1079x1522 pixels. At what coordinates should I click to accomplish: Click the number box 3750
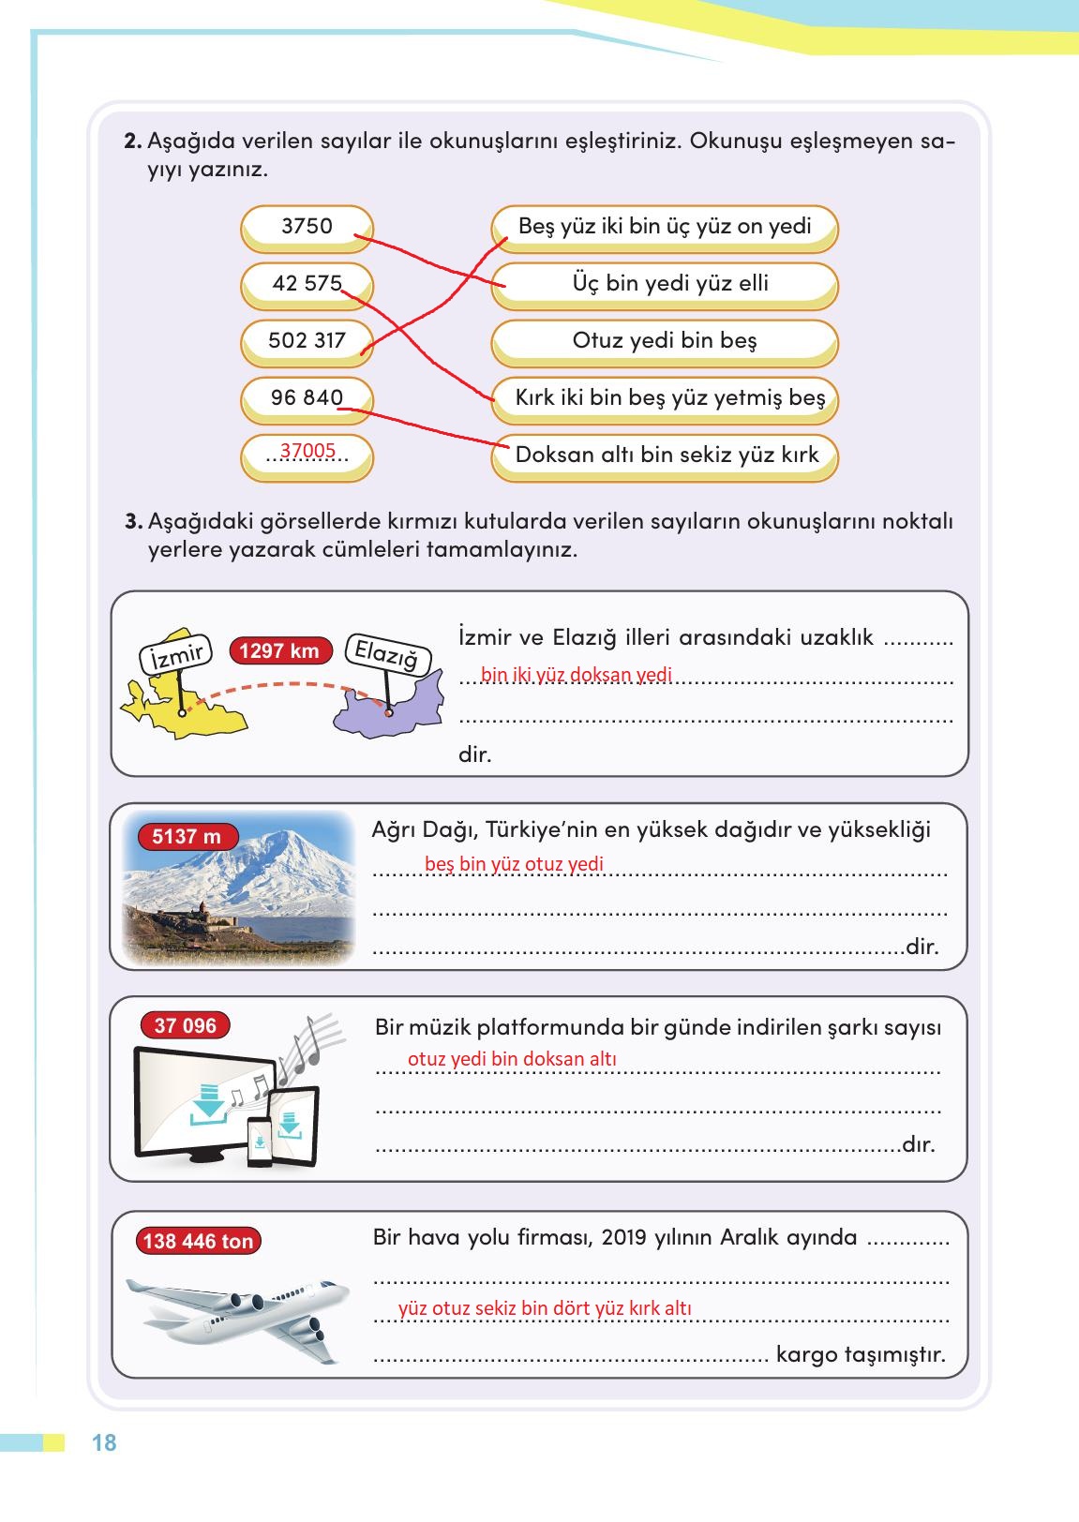pos(307,227)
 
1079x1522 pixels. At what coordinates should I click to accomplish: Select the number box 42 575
pos(307,284)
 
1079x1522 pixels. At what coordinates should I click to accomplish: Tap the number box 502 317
pos(307,341)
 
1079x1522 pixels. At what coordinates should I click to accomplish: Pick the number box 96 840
pos(307,398)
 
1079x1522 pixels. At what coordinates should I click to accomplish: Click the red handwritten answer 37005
pos(307,452)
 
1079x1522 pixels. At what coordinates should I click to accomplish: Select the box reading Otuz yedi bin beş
pos(664,341)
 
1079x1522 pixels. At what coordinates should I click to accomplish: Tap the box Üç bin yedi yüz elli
pos(664,284)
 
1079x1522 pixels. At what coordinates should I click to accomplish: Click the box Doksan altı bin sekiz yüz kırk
pos(664,455)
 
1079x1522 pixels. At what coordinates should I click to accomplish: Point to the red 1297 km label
pos(278,650)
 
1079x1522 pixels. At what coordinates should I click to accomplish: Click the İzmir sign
pos(176,654)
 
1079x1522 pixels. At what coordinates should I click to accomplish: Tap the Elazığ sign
pos(386,654)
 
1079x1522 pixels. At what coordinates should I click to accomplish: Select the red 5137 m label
pos(187,836)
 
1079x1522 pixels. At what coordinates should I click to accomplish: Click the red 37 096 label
pos(186,1026)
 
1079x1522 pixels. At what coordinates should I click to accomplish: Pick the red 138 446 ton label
pos(198,1242)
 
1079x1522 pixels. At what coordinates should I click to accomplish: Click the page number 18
pos(104,1442)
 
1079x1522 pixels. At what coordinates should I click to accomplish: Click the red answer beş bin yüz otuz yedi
pos(514,864)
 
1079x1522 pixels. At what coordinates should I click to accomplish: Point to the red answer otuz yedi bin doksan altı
pos(512,1059)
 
